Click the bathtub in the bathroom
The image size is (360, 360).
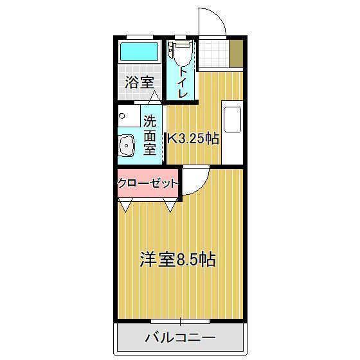pos(139,51)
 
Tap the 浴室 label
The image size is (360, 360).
pos(139,82)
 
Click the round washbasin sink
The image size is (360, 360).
pos(126,146)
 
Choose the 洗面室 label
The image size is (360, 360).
pos(149,135)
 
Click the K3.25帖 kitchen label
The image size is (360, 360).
pos(193,138)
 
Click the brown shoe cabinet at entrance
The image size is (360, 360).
pos(236,54)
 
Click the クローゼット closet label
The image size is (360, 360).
pos(147,183)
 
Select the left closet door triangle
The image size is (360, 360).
pos(125,206)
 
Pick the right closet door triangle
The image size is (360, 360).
pos(170,206)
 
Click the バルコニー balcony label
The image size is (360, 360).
pos(180,337)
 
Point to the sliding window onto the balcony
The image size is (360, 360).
pos(180,320)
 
